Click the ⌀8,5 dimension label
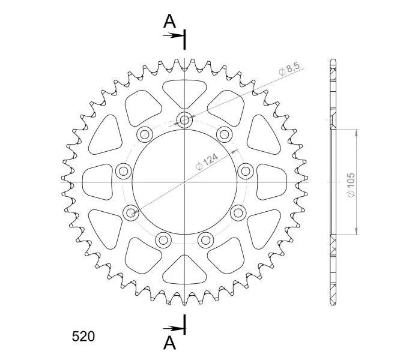pyautogui.click(x=289, y=69)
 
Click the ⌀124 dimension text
pyautogui.click(x=207, y=162)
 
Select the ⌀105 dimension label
pyautogui.click(x=351, y=185)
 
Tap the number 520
pyautogui.click(x=83, y=337)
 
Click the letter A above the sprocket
pyautogui.click(x=169, y=21)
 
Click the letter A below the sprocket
pyautogui.click(x=169, y=343)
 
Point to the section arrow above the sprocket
pyautogui.click(x=172, y=35)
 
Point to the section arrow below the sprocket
pyautogui.click(x=172, y=329)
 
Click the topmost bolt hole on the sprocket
pyautogui.click(x=184, y=120)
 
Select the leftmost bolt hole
pyautogui.click(x=124, y=170)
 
